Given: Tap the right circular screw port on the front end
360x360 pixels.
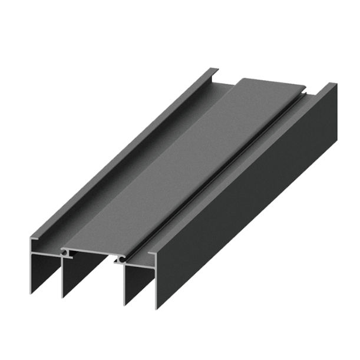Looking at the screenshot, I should pos(121,258).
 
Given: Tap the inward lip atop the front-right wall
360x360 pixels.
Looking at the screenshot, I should pos(151,255).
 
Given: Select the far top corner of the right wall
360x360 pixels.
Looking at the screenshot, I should pos(336,86).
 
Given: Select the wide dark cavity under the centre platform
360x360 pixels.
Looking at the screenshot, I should pos(91,277).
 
